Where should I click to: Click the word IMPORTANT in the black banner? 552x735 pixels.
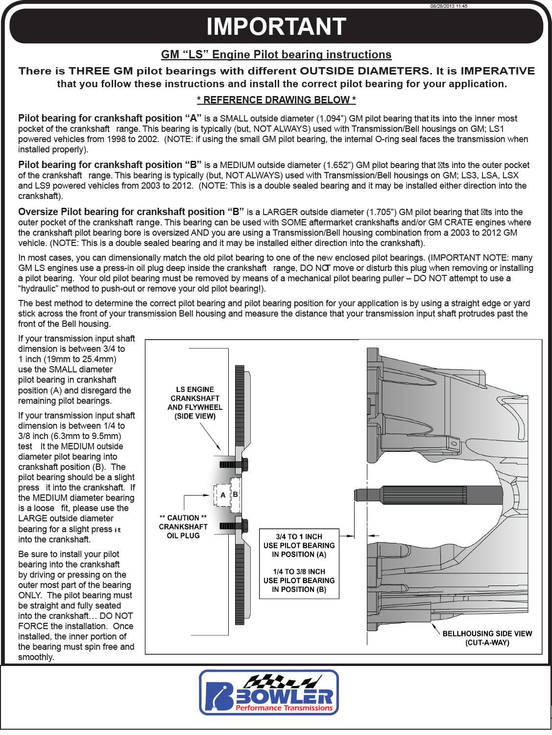point(276,26)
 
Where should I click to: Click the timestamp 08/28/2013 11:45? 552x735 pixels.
point(449,6)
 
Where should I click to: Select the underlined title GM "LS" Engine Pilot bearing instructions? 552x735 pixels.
point(276,54)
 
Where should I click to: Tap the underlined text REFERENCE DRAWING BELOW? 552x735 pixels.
point(276,100)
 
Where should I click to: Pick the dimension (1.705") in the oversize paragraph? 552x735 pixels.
point(381,212)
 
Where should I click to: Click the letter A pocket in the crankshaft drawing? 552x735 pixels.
point(223,495)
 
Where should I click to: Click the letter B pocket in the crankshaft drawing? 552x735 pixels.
point(236,494)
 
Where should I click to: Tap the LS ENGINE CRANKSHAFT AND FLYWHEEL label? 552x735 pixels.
point(195,403)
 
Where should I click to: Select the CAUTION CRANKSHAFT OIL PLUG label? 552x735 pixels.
point(183,527)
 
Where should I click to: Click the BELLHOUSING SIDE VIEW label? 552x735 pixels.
point(487,638)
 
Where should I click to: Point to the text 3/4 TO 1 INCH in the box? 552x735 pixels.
point(299,537)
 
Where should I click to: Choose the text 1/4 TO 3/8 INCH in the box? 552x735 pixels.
point(299,572)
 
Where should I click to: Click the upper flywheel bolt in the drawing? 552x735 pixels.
point(234,464)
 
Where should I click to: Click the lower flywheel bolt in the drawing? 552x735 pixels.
point(234,526)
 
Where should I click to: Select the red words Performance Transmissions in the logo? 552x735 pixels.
point(284,708)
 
